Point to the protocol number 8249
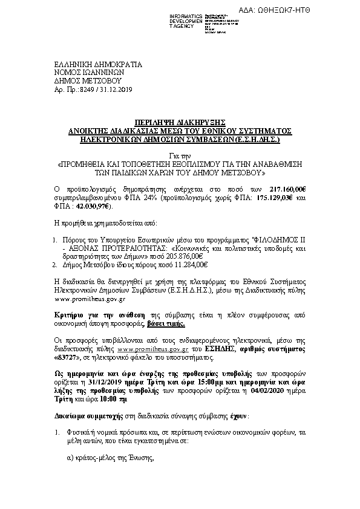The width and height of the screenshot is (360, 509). tap(88, 89)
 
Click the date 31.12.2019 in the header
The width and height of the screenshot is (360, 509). tap(117, 89)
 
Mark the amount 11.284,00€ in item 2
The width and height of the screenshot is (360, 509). tap(191, 264)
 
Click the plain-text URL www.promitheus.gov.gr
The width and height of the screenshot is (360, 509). tap(90, 299)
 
